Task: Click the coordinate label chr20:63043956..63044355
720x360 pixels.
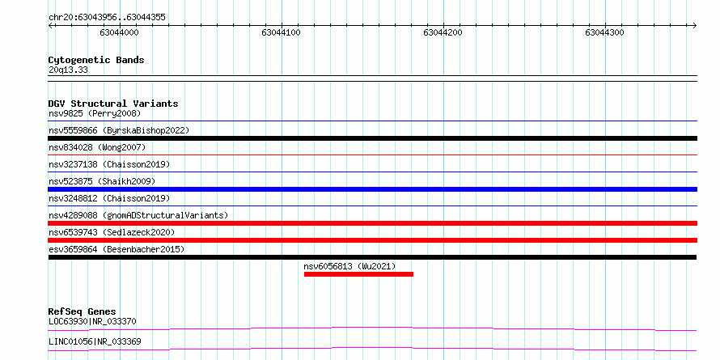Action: (x=107, y=18)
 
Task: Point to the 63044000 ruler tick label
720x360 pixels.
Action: (x=119, y=32)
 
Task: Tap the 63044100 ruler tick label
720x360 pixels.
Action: (x=281, y=32)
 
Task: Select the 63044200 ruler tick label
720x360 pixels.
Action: (x=443, y=32)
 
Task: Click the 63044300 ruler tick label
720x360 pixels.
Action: (x=605, y=32)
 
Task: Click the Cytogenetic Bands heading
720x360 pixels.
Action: (x=96, y=60)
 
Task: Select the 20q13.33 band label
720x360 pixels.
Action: (x=68, y=70)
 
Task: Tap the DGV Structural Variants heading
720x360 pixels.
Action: (x=113, y=104)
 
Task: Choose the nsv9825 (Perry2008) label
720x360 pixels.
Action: (x=95, y=113)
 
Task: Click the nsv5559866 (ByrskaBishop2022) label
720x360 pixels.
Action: (x=119, y=130)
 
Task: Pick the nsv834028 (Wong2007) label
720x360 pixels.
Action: (x=97, y=147)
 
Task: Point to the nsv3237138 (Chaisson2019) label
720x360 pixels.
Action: (x=109, y=164)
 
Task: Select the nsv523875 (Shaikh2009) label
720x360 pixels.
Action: (x=102, y=181)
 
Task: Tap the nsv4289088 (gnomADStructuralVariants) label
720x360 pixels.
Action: (x=138, y=215)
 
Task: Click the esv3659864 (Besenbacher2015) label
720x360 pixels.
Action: (x=116, y=249)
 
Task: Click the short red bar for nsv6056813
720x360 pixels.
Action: (x=358, y=274)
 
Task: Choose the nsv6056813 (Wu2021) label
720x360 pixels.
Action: (x=349, y=266)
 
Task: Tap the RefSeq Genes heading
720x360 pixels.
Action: (x=82, y=312)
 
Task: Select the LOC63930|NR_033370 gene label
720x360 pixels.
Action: (x=92, y=321)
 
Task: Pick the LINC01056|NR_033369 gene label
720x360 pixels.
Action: (x=95, y=341)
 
